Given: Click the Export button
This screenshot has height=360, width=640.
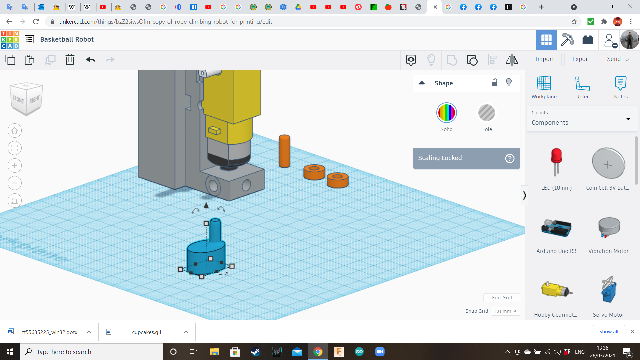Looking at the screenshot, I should (581, 59).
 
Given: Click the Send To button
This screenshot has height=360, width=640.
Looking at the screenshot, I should (618, 59).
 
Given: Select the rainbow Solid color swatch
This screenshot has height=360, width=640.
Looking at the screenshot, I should (446, 113).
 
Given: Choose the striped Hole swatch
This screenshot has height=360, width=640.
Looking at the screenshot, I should (486, 113).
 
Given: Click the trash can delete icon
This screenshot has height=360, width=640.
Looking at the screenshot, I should (70, 60).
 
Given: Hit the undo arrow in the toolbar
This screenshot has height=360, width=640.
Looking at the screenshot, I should (90, 60).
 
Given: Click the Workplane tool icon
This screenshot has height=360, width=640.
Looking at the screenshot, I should (544, 83).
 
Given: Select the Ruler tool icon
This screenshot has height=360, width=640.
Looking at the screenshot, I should (582, 83).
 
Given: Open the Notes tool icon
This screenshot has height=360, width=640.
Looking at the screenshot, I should (620, 83).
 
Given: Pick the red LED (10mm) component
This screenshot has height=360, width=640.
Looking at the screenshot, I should (556, 162).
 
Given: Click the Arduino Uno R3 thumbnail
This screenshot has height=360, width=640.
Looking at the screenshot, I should (556, 228).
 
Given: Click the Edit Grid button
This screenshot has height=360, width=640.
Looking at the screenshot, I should (502, 298).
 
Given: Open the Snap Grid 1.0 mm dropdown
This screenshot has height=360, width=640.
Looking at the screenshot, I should (505, 311).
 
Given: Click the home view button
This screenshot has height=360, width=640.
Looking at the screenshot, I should (15, 131).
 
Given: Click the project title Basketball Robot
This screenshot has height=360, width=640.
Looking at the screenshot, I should (67, 39).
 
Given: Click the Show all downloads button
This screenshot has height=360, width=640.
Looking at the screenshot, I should (608, 332).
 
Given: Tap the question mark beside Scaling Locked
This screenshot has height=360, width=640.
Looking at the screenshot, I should (510, 158).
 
